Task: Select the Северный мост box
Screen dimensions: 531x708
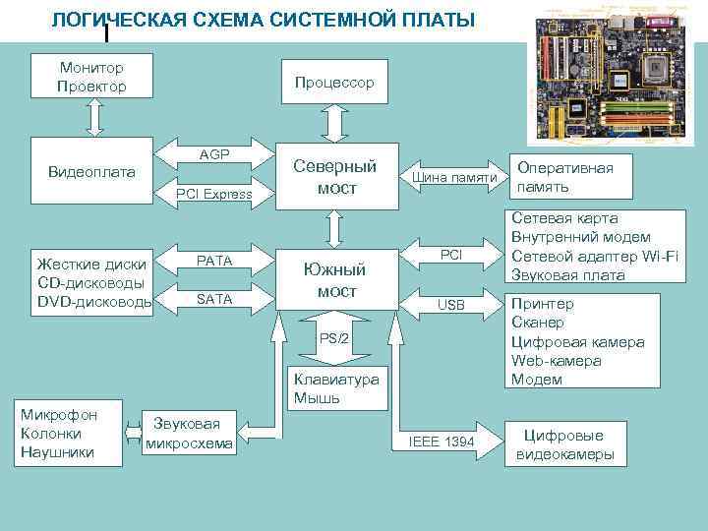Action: (x=334, y=177)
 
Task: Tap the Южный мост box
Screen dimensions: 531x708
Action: (x=334, y=279)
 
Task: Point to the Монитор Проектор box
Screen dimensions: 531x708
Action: (x=91, y=77)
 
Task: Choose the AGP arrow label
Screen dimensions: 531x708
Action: (x=214, y=154)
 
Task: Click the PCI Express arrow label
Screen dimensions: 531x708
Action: (x=214, y=195)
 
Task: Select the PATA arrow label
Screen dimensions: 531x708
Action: (x=214, y=262)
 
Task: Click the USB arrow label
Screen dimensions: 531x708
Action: (x=450, y=305)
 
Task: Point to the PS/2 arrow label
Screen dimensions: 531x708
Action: (x=334, y=338)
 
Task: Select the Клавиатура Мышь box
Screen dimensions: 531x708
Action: (x=334, y=388)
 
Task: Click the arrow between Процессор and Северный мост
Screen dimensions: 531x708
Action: (x=334, y=124)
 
